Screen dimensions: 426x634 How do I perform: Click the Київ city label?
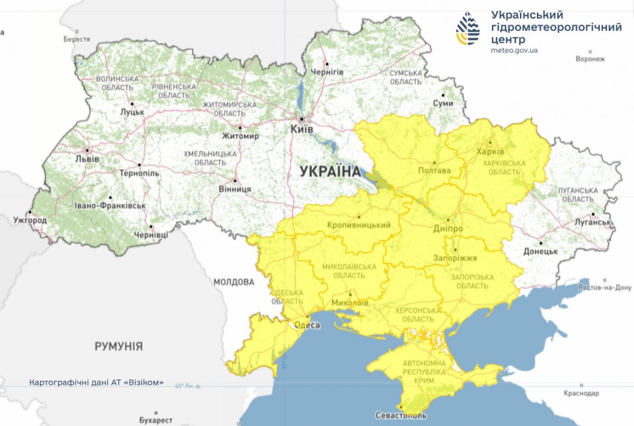pyautogui.click(x=302, y=129)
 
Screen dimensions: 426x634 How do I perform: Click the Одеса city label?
pyautogui.click(x=306, y=326)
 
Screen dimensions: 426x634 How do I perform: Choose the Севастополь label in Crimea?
pyautogui.click(x=401, y=415)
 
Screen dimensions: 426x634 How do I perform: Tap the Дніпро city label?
pyautogui.click(x=449, y=229)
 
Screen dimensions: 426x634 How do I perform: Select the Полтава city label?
pyautogui.click(x=434, y=171)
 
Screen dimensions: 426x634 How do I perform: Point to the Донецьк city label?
pyautogui.click(x=542, y=252)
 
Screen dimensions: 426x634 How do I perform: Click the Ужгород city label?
pyautogui.click(x=30, y=219)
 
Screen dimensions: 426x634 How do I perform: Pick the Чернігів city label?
pyautogui.click(x=327, y=71)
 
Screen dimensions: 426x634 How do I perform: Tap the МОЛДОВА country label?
pyautogui.click(x=234, y=282)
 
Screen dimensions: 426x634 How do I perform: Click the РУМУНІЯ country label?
pyautogui.click(x=119, y=346)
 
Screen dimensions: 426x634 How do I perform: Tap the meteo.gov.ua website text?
pyautogui.click(x=514, y=50)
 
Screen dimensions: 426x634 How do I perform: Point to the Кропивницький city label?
pyautogui.click(x=359, y=225)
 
